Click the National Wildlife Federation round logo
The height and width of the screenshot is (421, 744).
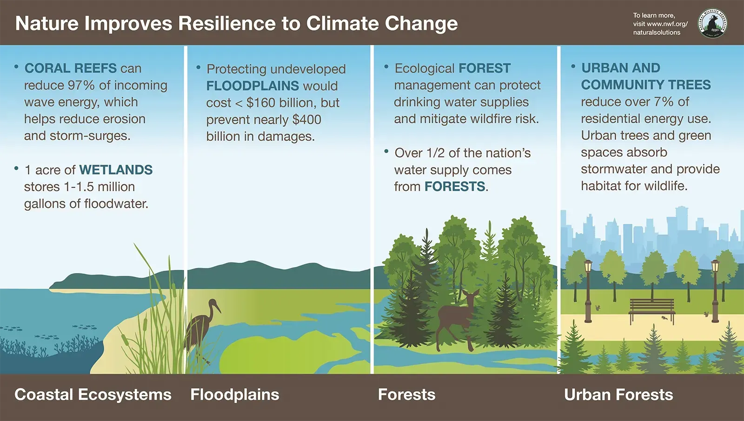click(x=712, y=23)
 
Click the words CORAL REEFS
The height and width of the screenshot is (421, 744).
click(x=70, y=68)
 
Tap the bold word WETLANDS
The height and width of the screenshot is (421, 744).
click(x=116, y=170)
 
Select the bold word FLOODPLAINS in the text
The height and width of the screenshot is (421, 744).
click(x=252, y=86)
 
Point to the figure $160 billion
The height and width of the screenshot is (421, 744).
click(x=279, y=103)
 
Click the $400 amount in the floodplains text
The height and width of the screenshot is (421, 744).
click(x=307, y=120)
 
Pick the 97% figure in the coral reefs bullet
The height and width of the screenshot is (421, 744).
click(x=81, y=86)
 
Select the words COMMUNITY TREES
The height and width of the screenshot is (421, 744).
click(x=646, y=85)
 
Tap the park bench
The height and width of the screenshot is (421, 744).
click(x=652, y=309)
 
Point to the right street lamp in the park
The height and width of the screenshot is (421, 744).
click(x=715, y=291)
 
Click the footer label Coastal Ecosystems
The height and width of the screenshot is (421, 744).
click(x=93, y=394)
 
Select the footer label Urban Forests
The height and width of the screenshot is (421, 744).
click(x=618, y=394)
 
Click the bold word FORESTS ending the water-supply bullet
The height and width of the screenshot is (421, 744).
click(x=455, y=187)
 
